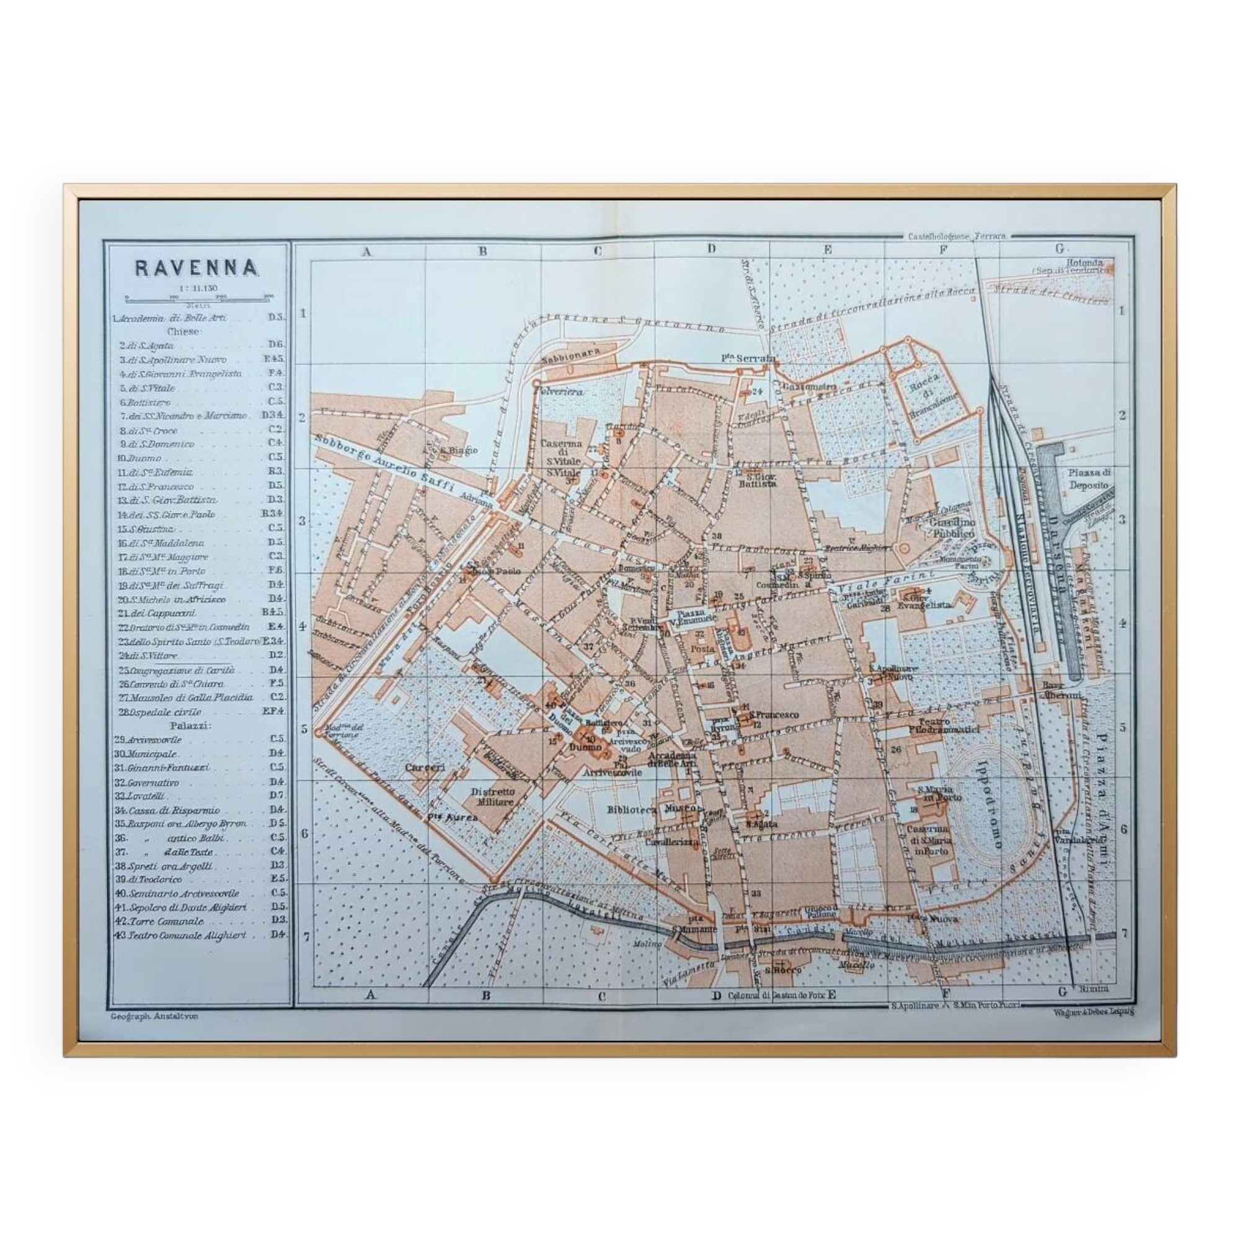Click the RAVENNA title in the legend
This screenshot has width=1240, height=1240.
coord(197,268)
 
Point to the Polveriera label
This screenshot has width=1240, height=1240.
coord(560,389)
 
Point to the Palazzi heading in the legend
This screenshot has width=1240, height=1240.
coord(185,725)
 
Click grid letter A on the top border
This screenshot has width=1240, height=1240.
coord(366,252)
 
